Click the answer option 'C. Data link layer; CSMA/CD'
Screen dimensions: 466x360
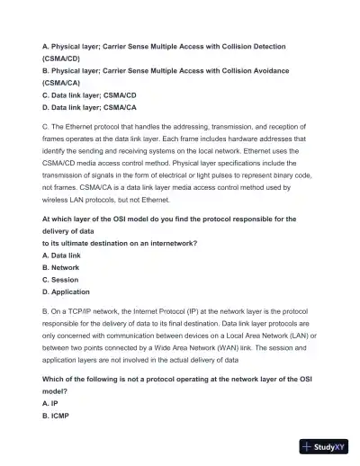click(x=89, y=94)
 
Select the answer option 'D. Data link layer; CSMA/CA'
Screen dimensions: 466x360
click(x=89, y=107)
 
